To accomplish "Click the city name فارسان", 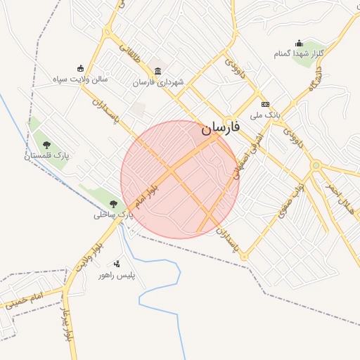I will click(220, 128).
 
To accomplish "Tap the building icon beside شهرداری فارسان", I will click(157, 71).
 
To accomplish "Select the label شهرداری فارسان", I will click(158, 82).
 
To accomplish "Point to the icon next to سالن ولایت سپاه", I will click(81, 68).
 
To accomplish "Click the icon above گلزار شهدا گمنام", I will click(299, 43).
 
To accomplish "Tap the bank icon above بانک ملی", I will click(265, 104).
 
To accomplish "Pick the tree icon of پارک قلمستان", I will click(46, 144).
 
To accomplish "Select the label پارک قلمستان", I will click(46, 155).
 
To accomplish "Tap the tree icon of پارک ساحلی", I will click(113, 204).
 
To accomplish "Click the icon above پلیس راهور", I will click(117, 264).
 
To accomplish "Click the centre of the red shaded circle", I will click(180, 179).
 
